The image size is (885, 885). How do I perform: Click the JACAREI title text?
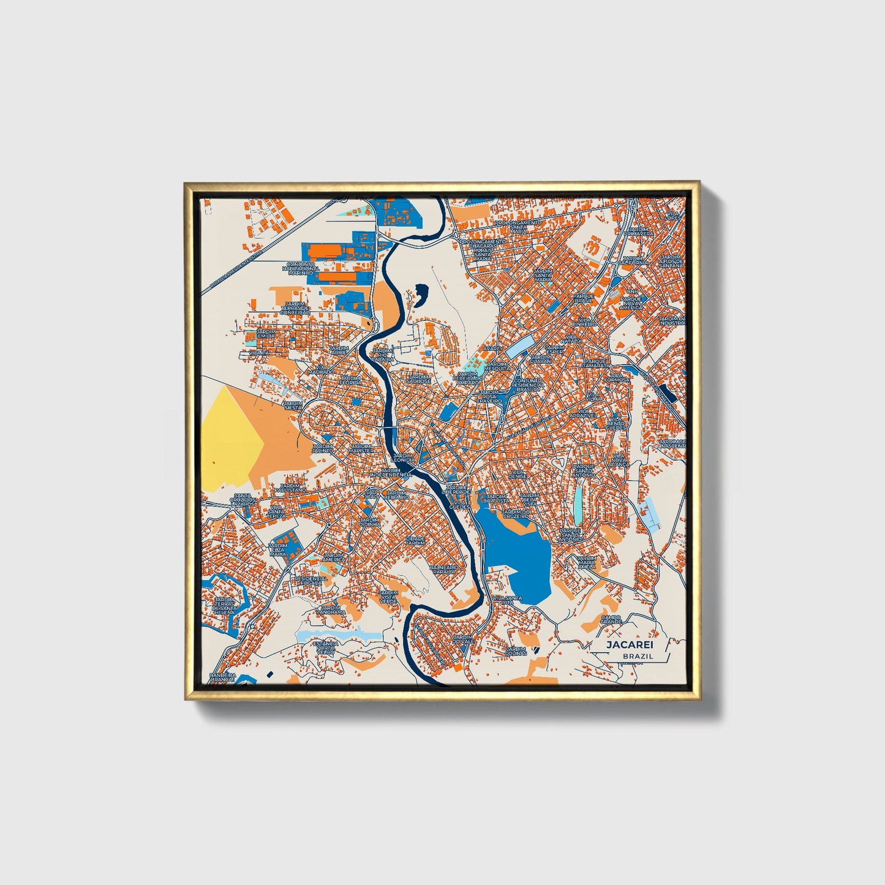click(630, 644)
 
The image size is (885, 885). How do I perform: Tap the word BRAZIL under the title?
click(638, 656)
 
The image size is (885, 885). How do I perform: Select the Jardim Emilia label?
click(266, 334)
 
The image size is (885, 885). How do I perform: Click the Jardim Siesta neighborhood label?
click(293, 405)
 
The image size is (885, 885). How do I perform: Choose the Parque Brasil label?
click(584, 298)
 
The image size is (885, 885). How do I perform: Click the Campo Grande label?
click(611, 620)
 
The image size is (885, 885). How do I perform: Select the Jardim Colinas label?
click(516, 650)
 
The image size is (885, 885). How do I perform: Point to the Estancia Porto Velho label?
click(325, 648)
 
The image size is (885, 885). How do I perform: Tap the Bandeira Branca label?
click(222, 677)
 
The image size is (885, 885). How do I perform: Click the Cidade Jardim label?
click(415, 540)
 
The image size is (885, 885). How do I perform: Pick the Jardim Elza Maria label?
click(277, 549)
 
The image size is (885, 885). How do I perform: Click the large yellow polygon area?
click(230, 438)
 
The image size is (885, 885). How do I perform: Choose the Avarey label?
click(492, 348)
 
